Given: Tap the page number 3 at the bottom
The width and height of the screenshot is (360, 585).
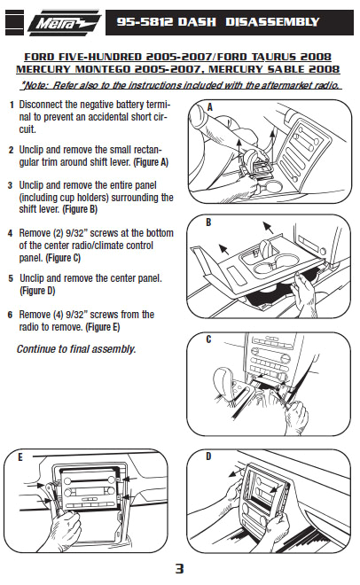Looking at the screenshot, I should click(179, 568).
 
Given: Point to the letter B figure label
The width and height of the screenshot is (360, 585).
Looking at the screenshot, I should click(207, 223).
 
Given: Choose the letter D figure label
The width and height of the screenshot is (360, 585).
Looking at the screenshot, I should click(209, 456).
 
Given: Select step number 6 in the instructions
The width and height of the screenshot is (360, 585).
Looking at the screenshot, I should click(11, 315).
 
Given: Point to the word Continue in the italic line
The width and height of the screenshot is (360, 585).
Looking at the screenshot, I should click(40, 349).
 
